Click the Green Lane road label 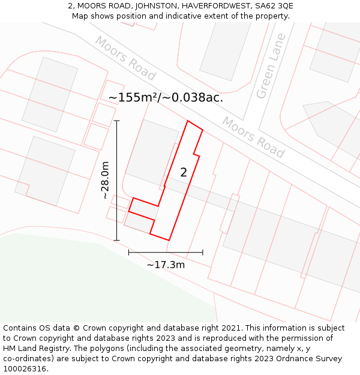tap(271, 67)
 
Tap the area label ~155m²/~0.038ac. tap(166, 97)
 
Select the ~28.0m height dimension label tap(105, 180)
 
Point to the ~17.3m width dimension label tap(166, 264)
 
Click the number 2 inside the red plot tap(184, 172)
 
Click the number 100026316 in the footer tap(25, 369)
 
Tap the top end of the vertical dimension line tap(117, 121)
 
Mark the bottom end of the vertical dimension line tap(117, 241)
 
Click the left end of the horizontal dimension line tap(128, 253)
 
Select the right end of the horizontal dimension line tap(203, 253)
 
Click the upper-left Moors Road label tap(125, 58)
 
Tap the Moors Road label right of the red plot tap(253, 137)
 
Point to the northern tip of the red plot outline tap(188, 121)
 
